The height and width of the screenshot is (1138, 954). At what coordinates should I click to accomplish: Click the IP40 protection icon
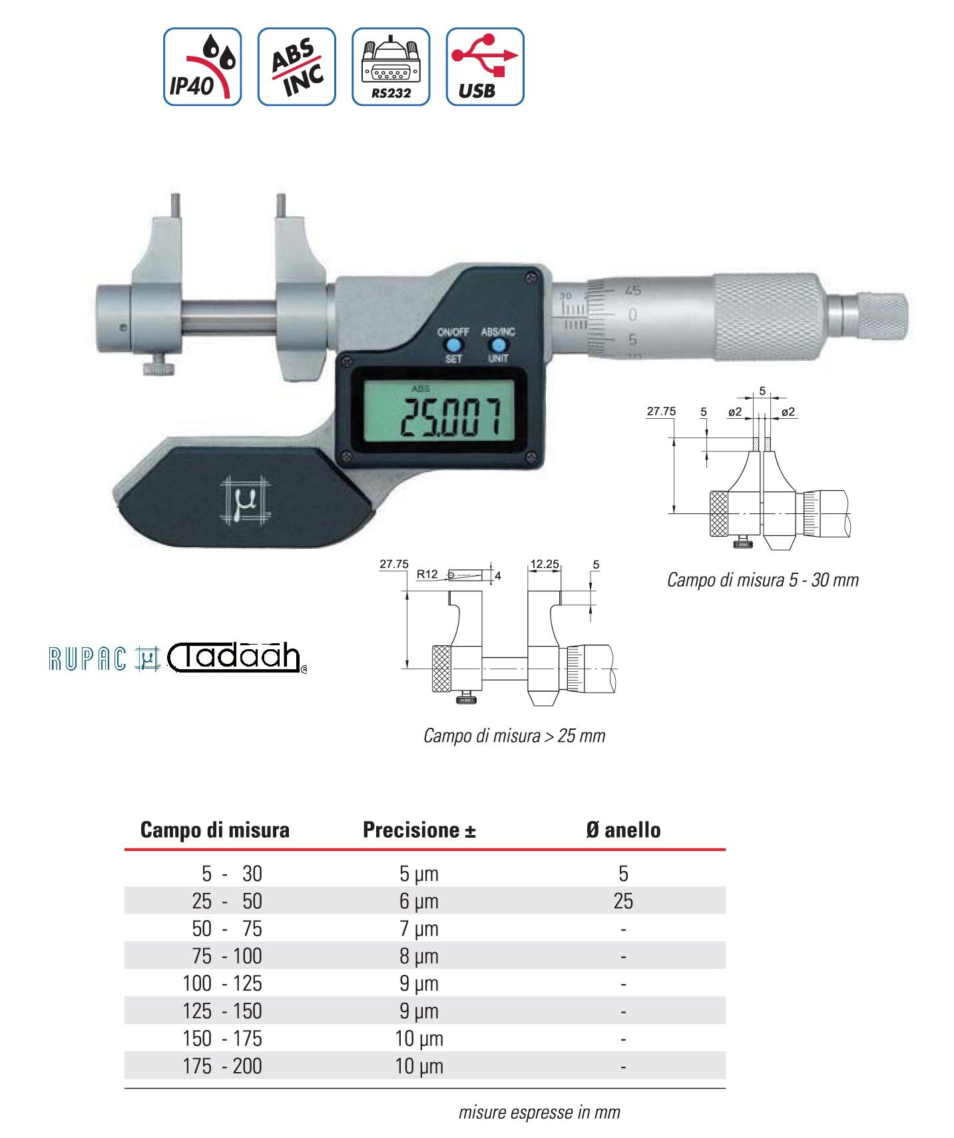[x=202, y=67]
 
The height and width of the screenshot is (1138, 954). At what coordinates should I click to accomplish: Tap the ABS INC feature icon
[x=297, y=67]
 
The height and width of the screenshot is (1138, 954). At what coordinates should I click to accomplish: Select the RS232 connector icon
[x=391, y=67]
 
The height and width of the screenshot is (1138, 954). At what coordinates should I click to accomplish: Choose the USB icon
[x=485, y=67]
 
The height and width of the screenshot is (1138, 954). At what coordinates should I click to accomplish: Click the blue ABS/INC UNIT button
[x=497, y=346]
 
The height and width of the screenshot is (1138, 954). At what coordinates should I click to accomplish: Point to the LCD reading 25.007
[x=450, y=418]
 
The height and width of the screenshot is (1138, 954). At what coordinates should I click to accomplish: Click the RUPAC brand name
[x=87, y=659]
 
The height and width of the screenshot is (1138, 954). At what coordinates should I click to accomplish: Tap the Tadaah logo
[x=237, y=657]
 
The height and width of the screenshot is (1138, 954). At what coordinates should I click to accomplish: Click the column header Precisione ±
[x=419, y=830]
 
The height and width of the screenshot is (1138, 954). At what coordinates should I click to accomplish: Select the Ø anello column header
[x=623, y=830]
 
